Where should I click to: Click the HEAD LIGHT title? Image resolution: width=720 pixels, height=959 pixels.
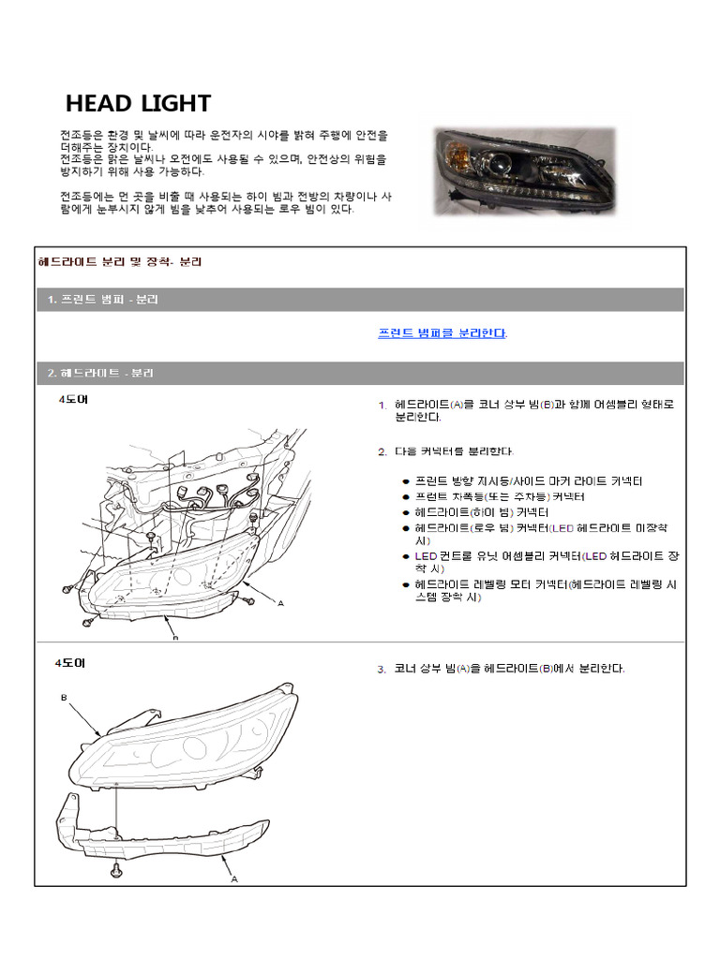click(x=138, y=103)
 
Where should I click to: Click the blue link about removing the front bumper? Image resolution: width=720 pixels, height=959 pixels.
click(x=442, y=333)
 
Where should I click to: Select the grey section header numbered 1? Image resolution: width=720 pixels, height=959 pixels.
click(x=103, y=300)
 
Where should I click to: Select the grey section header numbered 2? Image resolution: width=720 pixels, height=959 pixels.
click(x=100, y=373)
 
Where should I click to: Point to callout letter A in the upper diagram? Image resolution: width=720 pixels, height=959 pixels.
click(x=280, y=603)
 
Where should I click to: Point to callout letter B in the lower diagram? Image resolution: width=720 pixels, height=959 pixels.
click(x=65, y=698)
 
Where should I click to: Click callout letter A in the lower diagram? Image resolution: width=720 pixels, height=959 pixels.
click(x=233, y=879)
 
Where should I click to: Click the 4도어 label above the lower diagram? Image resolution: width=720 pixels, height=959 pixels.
click(x=69, y=662)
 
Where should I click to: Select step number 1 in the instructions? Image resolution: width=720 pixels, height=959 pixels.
click(x=382, y=406)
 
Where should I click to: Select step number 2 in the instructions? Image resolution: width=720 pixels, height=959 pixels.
click(x=382, y=451)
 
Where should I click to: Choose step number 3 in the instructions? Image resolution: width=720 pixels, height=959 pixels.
click(x=382, y=670)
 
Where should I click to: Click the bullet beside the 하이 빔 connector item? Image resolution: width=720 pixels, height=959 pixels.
click(x=405, y=513)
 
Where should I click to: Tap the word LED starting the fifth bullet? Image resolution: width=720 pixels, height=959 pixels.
click(x=426, y=556)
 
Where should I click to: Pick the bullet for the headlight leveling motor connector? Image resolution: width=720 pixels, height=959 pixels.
click(x=405, y=584)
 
